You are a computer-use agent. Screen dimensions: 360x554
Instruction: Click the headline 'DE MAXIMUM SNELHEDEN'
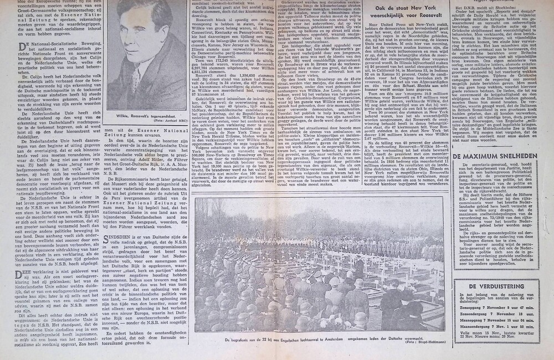coord(494,156)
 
